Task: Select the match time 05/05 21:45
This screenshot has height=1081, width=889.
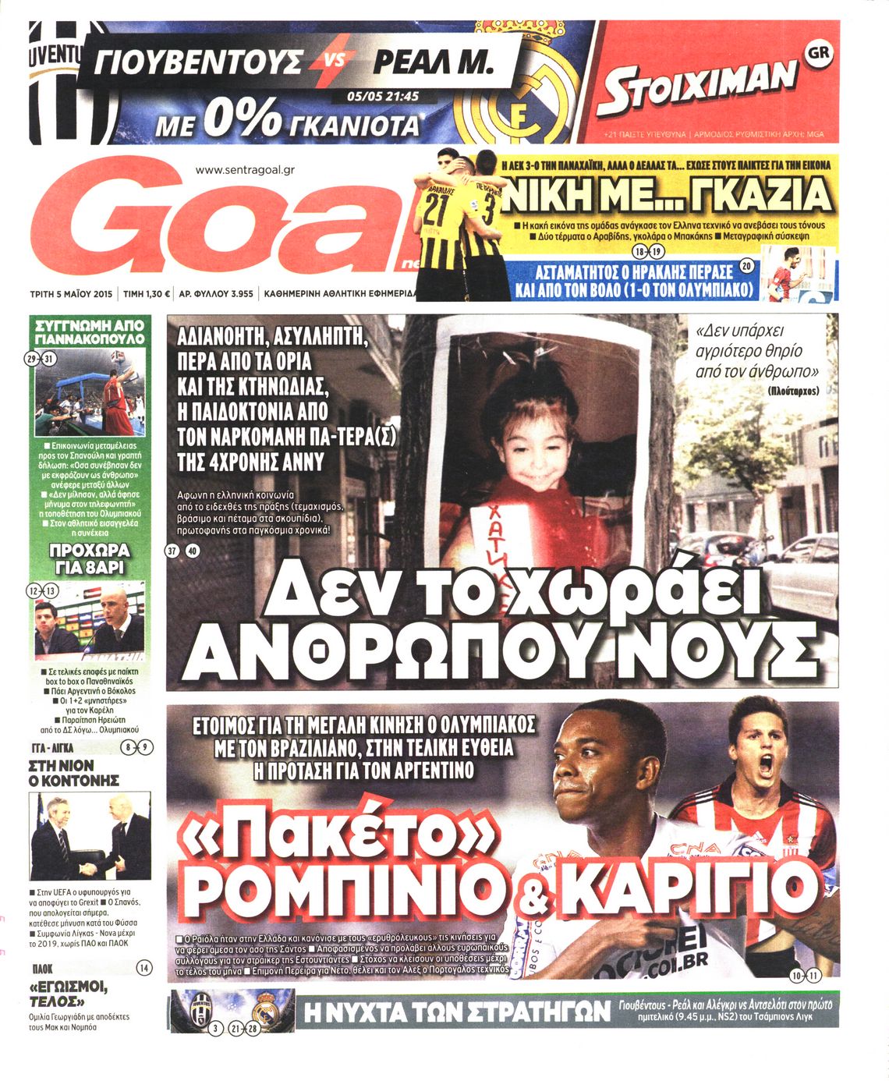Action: (x=382, y=97)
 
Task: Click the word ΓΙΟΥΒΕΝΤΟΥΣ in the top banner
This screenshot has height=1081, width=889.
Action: (x=198, y=61)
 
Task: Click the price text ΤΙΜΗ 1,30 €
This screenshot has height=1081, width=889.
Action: (x=146, y=295)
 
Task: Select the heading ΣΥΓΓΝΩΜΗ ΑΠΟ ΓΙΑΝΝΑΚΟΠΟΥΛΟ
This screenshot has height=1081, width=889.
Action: (x=90, y=331)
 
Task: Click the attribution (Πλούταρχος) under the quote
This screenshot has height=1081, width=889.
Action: (x=793, y=391)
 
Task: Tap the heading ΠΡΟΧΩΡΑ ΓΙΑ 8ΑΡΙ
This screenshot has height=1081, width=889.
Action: (x=90, y=558)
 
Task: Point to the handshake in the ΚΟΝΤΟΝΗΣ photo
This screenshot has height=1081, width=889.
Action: (x=88, y=867)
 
